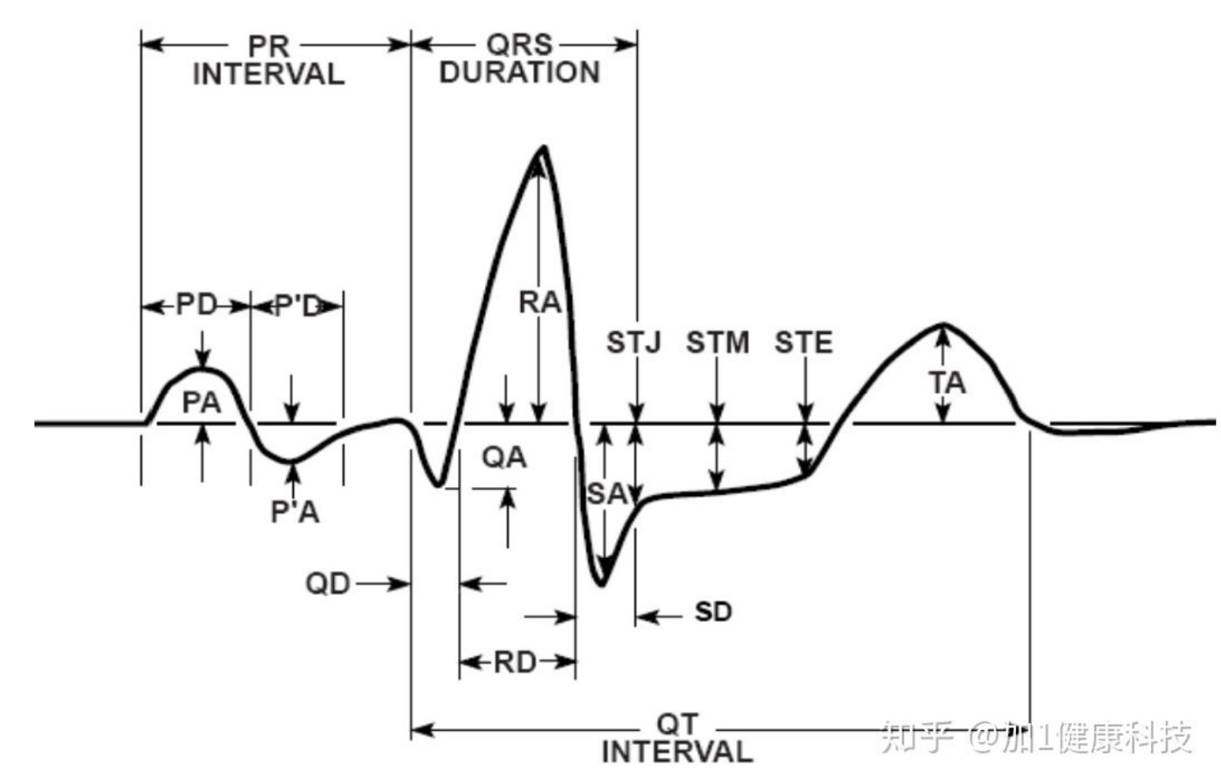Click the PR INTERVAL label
coord(269,60)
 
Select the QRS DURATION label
coord(519,59)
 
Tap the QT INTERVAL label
coord(677,738)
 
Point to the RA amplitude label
coord(540,303)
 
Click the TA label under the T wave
coord(947,382)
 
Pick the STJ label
coord(634,343)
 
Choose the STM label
coord(717,343)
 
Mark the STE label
coord(803,343)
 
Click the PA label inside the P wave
coord(201,402)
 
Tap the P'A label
coord(294,512)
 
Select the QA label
coord(504,457)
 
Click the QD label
coord(328,584)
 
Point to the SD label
coord(713,612)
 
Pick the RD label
coord(515,662)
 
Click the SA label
coord(606,494)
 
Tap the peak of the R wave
coord(542,148)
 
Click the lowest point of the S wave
coord(602,585)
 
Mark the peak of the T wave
coord(944,325)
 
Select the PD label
coord(196,305)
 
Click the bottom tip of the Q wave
coord(438,485)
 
